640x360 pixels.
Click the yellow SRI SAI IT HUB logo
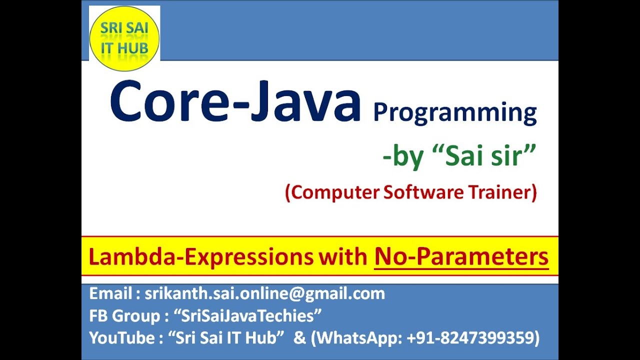[124, 38]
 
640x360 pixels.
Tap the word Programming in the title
[454, 113]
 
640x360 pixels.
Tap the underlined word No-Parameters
[461, 257]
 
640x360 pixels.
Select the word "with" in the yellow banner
[345, 257]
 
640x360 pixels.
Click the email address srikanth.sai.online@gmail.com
[265, 293]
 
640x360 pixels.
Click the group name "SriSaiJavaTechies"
[247, 316]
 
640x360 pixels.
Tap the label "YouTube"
[121, 338]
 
